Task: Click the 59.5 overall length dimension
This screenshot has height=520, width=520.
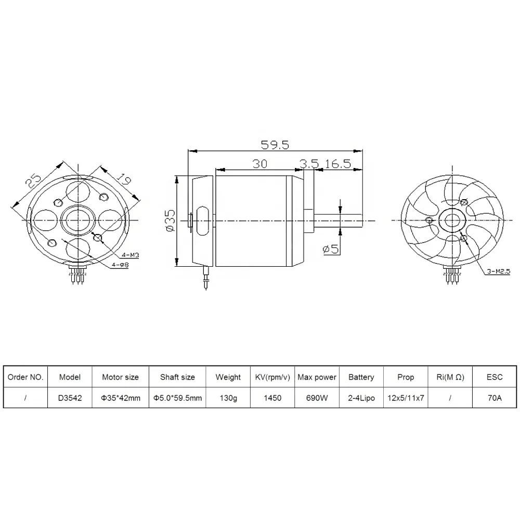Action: tap(275, 145)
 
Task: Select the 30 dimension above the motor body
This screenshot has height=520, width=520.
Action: tap(260, 164)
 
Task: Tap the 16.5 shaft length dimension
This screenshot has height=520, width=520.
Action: tap(337, 164)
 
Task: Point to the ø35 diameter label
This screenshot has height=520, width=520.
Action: tap(170, 220)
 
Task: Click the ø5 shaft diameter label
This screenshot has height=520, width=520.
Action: tap(331, 249)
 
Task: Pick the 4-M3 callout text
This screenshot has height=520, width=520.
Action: tap(131, 255)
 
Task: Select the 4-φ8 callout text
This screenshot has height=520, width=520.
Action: tap(120, 265)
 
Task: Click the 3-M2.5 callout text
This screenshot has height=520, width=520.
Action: tap(499, 271)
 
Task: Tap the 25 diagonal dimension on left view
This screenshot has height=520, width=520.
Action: tap(33, 181)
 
